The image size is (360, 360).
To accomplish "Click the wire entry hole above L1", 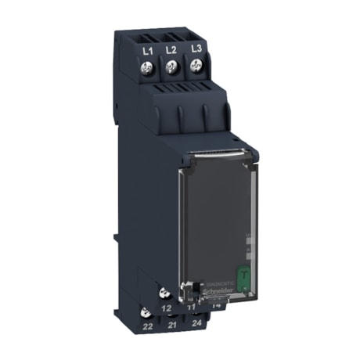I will (x=146, y=34).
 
